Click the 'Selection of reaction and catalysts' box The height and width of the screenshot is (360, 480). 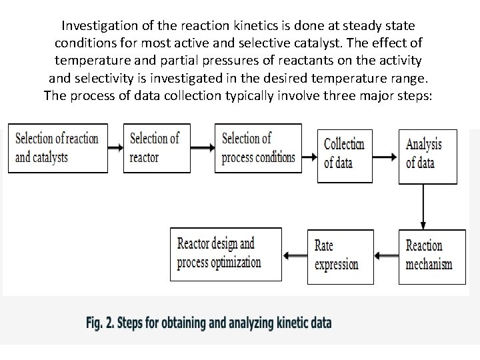coord(57,148)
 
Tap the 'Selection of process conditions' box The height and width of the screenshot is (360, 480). coord(258,148)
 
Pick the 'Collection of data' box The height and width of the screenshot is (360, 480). coord(345,154)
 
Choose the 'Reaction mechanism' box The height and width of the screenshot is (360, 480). coord(429,255)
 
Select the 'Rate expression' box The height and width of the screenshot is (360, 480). coord(337,255)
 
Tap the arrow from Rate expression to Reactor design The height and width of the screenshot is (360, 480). coord(295,255)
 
